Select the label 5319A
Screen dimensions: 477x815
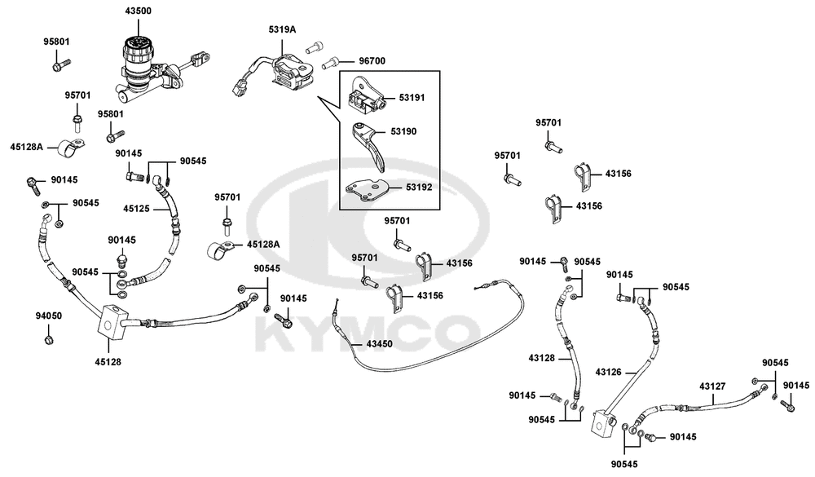tap(282, 29)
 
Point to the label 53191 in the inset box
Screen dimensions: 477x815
tap(412, 97)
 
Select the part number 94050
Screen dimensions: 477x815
tap(48, 315)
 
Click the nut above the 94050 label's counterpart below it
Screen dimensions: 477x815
tap(48, 338)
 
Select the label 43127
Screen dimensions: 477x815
tap(713, 388)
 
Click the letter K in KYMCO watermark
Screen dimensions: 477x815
tap(277, 330)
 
